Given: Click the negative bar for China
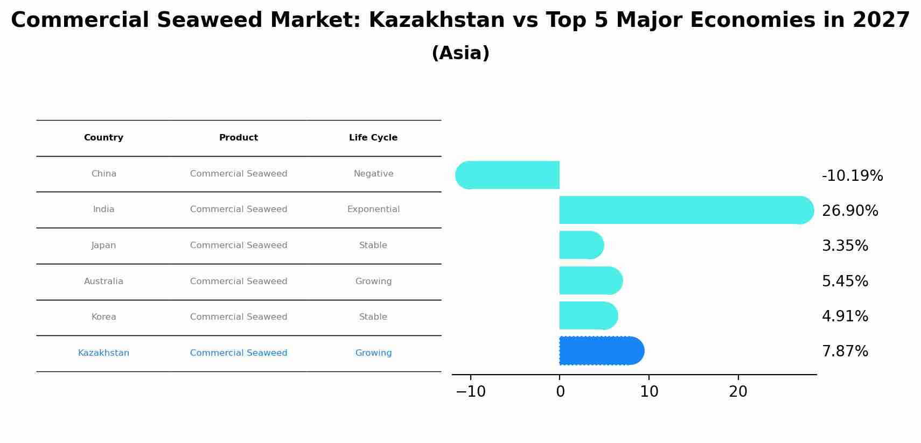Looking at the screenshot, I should pyautogui.click(x=509, y=175).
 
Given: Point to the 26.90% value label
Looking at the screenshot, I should pyautogui.click(x=850, y=211).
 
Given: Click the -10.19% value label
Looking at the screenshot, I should pyautogui.click(x=852, y=176).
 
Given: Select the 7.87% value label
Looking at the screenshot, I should pyautogui.click(x=845, y=351).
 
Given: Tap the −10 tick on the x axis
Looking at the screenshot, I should pyautogui.click(x=471, y=392).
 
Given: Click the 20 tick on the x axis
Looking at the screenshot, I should pyautogui.click(x=738, y=392).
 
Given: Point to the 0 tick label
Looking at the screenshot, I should pyautogui.click(x=560, y=392).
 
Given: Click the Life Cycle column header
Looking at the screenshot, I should pyautogui.click(x=373, y=138).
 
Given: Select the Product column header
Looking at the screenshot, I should pyautogui.click(x=239, y=138).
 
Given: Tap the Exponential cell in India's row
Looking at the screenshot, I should pyautogui.click(x=373, y=209).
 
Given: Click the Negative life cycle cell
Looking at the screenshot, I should pyautogui.click(x=373, y=174).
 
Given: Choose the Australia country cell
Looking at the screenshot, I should pyautogui.click(x=103, y=282).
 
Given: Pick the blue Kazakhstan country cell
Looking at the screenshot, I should pyautogui.click(x=103, y=353).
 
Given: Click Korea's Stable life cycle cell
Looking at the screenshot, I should pyautogui.click(x=373, y=317).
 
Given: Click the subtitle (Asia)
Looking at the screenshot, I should pyautogui.click(x=460, y=53).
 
